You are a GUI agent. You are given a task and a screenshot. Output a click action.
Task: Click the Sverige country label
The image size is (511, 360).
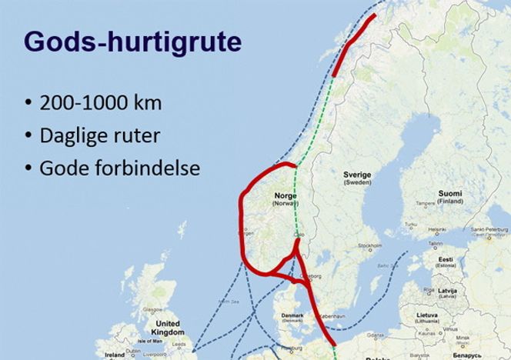pyautogui.click(x=357, y=175)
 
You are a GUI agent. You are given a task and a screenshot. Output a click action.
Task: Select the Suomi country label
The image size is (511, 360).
pyautogui.click(x=450, y=194)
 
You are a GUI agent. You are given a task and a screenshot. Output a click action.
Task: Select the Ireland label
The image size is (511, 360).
pyautogui.click(x=114, y=355)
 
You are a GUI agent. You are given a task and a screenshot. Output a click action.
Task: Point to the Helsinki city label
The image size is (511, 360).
pyautogui.click(x=437, y=229)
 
